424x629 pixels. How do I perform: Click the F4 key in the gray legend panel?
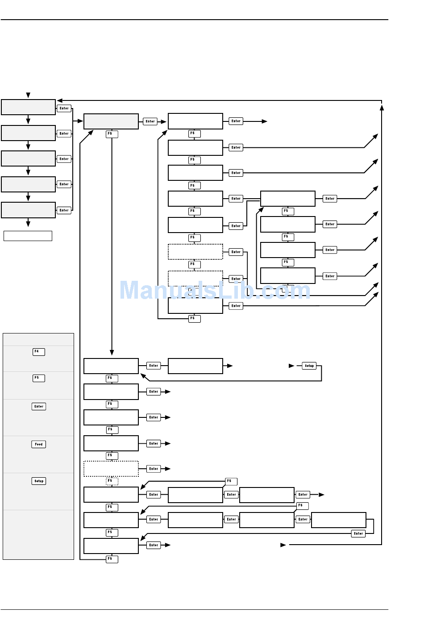click(39, 352)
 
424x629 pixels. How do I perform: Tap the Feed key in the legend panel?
click(39, 444)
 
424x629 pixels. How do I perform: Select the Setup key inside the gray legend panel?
click(39, 481)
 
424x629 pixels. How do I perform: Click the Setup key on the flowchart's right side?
click(309, 366)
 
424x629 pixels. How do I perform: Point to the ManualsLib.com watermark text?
click(215, 290)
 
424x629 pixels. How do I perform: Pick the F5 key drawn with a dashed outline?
click(112, 481)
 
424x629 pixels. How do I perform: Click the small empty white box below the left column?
click(28, 236)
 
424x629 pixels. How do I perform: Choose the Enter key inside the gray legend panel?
click(39, 406)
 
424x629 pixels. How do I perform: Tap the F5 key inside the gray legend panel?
click(39, 378)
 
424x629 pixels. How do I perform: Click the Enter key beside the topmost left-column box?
click(64, 108)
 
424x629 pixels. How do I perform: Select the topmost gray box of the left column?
click(29, 107)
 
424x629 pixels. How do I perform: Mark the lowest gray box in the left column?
click(29, 210)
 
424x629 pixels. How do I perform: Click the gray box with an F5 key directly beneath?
click(111, 121)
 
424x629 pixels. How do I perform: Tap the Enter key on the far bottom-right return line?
click(358, 533)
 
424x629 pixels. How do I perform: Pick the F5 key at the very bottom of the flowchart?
click(112, 559)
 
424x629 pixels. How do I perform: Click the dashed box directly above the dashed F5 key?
click(111, 469)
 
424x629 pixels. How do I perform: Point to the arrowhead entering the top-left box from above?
click(28, 96)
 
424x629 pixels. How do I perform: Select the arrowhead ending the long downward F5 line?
click(112, 353)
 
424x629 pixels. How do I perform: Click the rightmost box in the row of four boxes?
click(339, 520)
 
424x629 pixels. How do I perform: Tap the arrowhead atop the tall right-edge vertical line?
click(382, 107)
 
